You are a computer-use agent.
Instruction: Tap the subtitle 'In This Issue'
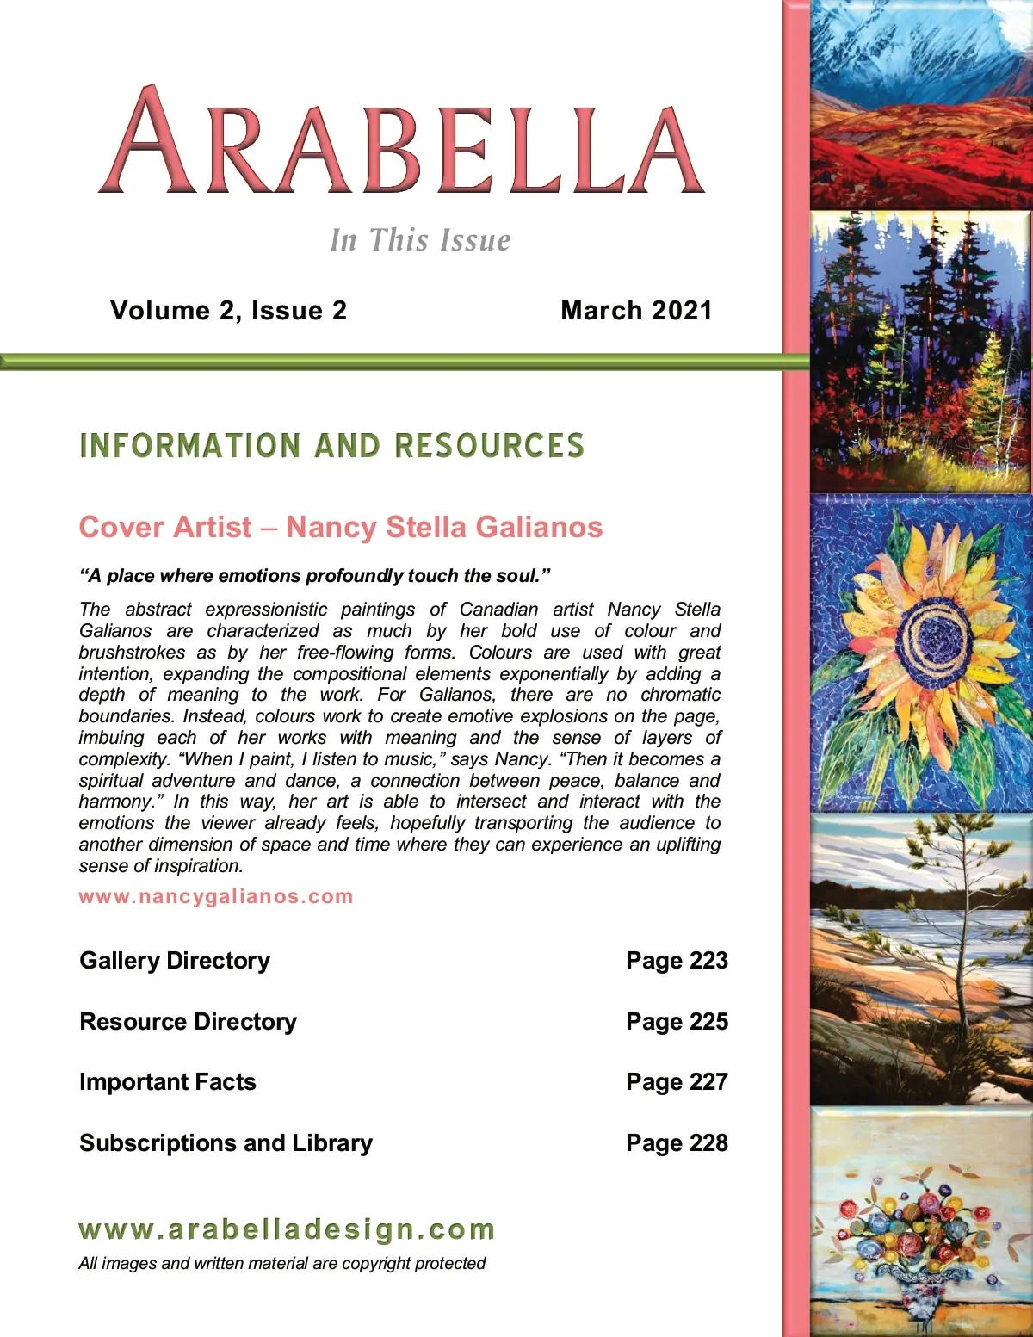click(x=420, y=240)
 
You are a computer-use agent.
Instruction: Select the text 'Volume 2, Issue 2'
click(x=228, y=311)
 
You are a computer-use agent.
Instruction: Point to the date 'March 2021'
click(x=636, y=311)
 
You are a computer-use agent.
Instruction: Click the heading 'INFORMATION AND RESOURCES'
click(x=331, y=446)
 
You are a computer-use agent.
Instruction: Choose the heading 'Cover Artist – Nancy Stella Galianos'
click(x=340, y=527)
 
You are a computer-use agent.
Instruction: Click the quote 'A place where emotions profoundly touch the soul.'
click(x=314, y=576)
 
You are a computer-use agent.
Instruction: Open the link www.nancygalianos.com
click(x=216, y=896)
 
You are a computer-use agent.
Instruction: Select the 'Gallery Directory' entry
click(x=175, y=961)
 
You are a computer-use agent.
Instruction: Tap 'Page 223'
click(x=677, y=961)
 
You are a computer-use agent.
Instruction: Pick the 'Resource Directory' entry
click(x=188, y=1022)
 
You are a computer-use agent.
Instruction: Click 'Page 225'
click(x=677, y=1022)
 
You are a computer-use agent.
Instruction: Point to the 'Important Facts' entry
click(x=168, y=1082)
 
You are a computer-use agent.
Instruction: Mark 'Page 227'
click(x=677, y=1082)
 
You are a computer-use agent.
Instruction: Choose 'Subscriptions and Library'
click(x=226, y=1143)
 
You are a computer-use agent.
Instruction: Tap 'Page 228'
click(x=677, y=1143)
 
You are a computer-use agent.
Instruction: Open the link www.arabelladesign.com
click(x=287, y=1229)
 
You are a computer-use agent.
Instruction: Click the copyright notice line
click(x=281, y=1264)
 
